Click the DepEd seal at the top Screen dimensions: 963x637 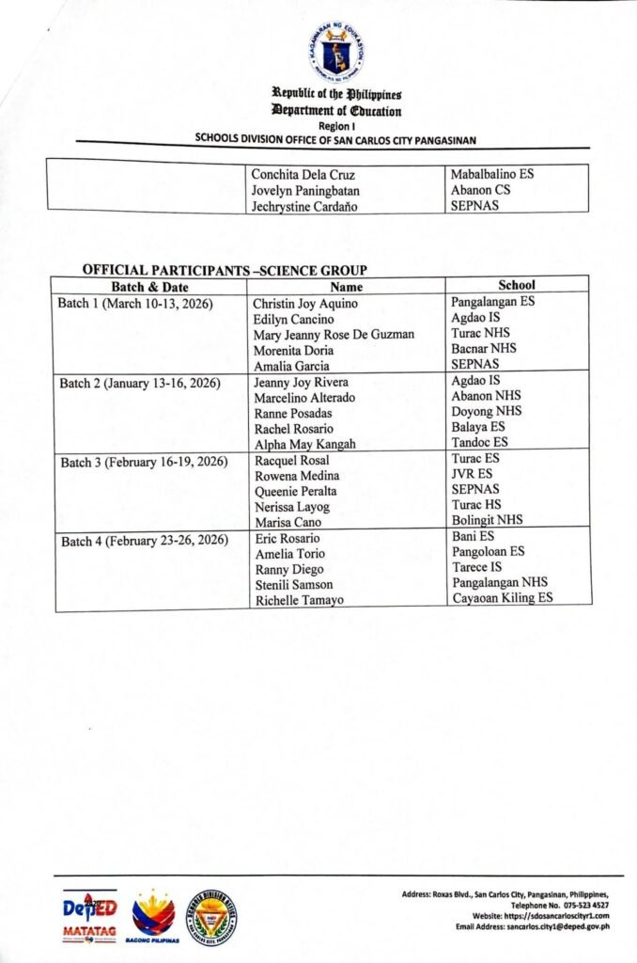tap(335, 53)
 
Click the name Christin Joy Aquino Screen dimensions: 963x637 tap(306, 304)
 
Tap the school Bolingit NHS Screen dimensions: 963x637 tap(487, 519)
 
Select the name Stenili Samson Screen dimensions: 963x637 tap(293, 585)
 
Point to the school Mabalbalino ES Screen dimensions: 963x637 tap(493, 174)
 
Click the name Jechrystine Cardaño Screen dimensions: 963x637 tap(306, 206)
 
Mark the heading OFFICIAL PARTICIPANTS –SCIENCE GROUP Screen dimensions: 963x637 tap(225, 270)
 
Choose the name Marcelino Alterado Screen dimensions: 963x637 tap(304, 398)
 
